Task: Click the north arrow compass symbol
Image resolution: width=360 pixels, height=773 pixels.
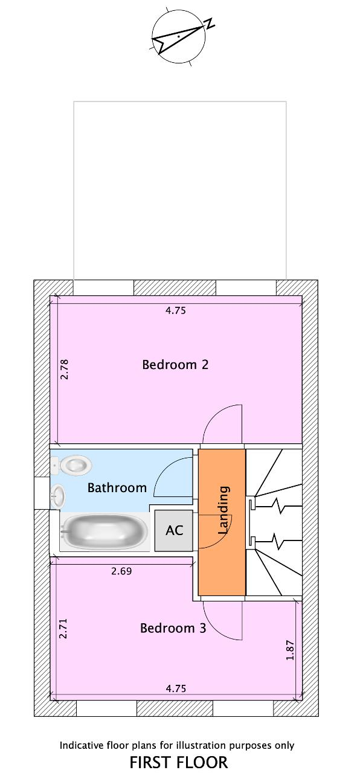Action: pos(179,36)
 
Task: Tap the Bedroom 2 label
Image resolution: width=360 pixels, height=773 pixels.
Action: pos(175,364)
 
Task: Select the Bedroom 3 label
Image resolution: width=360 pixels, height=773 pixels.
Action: pos(173,627)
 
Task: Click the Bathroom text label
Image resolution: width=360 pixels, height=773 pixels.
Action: pos(117,487)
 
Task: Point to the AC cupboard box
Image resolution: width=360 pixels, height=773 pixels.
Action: pos(173,530)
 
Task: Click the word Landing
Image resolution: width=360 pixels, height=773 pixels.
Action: pos(223,510)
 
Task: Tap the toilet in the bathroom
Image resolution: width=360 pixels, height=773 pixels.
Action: pos(71,465)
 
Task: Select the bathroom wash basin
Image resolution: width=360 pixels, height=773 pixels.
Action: pos(57,496)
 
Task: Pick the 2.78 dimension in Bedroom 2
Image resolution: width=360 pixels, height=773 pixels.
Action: pos(64,369)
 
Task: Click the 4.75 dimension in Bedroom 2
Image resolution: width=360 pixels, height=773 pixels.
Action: pos(176,310)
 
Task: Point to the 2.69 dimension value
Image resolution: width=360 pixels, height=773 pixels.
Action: pos(121,571)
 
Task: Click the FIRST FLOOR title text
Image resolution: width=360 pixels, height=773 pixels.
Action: pos(178,762)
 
